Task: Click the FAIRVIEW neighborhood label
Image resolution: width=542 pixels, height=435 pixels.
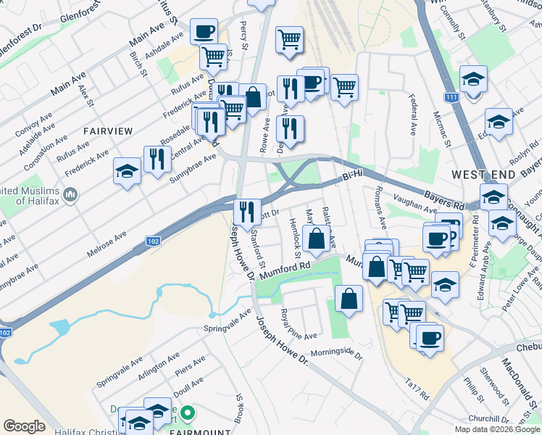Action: coord(108,131)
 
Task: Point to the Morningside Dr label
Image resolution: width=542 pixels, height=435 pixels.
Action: coord(336,352)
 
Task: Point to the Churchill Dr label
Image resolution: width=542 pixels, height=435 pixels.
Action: coord(491,419)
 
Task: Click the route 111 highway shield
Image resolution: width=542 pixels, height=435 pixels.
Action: coord(452,97)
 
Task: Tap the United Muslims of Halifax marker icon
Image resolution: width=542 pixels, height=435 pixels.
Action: coord(71,194)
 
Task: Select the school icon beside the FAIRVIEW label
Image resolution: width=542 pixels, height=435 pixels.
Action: coord(127,172)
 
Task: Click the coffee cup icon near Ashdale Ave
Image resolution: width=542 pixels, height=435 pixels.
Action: coord(204,32)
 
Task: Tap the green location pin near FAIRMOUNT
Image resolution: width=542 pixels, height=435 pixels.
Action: coord(188,415)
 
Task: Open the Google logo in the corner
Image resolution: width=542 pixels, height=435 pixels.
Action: coord(24,426)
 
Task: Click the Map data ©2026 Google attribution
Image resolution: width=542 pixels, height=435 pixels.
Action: coord(496,429)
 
